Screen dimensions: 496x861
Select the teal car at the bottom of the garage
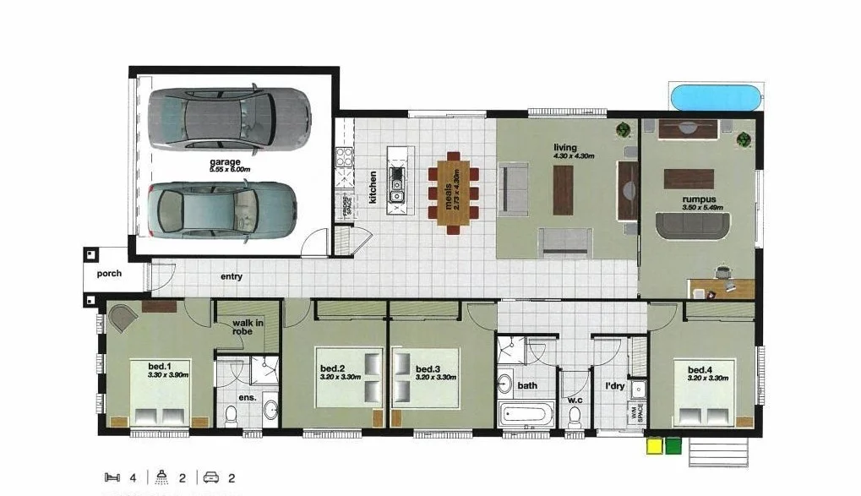point(222,210)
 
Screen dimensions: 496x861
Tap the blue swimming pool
point(716,97)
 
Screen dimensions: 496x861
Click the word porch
point(109,274)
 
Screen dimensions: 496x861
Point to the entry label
point(232,276)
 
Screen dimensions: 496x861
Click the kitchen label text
point(373,188)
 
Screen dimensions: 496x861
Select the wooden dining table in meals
point(454,191)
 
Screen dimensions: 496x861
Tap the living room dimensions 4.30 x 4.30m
point(574,156)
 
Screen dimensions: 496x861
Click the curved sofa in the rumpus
point(693,225)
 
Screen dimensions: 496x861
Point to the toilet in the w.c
point(575,417)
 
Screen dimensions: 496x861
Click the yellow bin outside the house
point(654,444)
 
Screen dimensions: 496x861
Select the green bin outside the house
point(673,444)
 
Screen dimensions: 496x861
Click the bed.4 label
point(701,370)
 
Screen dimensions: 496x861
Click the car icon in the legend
point(210,477)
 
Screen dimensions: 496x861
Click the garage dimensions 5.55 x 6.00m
point(226,170)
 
